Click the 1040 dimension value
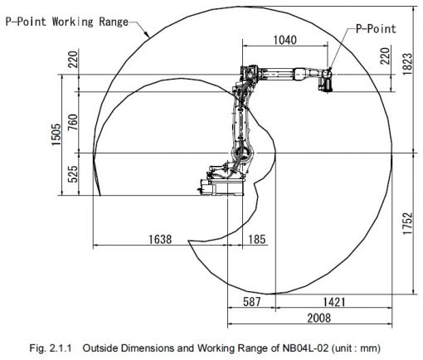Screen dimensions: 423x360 point(284,41)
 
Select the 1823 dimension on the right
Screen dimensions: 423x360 point(407,64)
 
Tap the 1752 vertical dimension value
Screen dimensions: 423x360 point(407,223)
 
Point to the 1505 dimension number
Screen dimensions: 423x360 point(56,134)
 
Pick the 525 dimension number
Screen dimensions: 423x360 point(73,174)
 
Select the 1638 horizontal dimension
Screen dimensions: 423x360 point(160,239)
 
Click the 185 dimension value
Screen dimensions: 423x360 point(257,239)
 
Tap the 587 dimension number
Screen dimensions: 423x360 point(252,301)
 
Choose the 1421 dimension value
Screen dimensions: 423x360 point(334,302)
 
